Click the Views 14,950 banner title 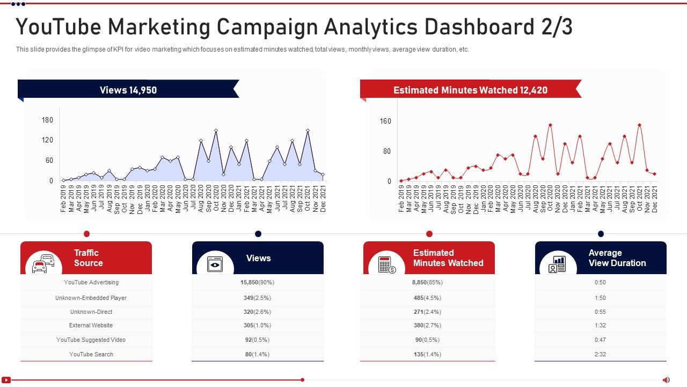pos(128,90)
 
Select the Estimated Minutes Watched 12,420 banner pos(470,90)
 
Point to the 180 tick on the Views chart pos(48,120)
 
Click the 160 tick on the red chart pos(385,121)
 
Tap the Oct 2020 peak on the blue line pos(216,131)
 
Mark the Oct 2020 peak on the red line pos(550,125)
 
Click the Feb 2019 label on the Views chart pos(63,199)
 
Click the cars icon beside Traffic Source pos(43,263)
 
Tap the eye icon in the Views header pos(215,264)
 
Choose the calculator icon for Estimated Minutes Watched pos(386,264)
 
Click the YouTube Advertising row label pos(91,282)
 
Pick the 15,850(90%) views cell pos(257,282)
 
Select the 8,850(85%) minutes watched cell pos(427,282)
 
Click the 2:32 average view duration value pos(600,354)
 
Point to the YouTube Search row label pos(91,354)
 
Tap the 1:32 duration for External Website pos(600,325)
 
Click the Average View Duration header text pos(617,258)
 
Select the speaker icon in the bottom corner pos(666,380)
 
